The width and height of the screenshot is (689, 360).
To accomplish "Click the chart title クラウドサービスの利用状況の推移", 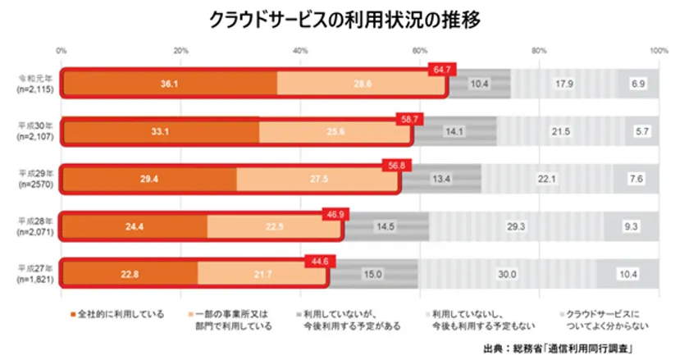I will pos(344,17).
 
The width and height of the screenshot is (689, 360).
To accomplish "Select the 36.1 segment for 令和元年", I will pos(169,84).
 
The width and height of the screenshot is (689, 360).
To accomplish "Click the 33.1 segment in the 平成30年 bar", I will pos(160,130).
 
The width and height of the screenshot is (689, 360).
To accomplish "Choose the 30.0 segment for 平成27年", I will pos(508,274).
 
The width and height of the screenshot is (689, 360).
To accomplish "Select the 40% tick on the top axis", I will pos(300,51).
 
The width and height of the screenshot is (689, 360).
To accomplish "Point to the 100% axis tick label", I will pos(658,51).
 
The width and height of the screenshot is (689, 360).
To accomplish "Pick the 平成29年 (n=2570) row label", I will pos(34,178).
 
